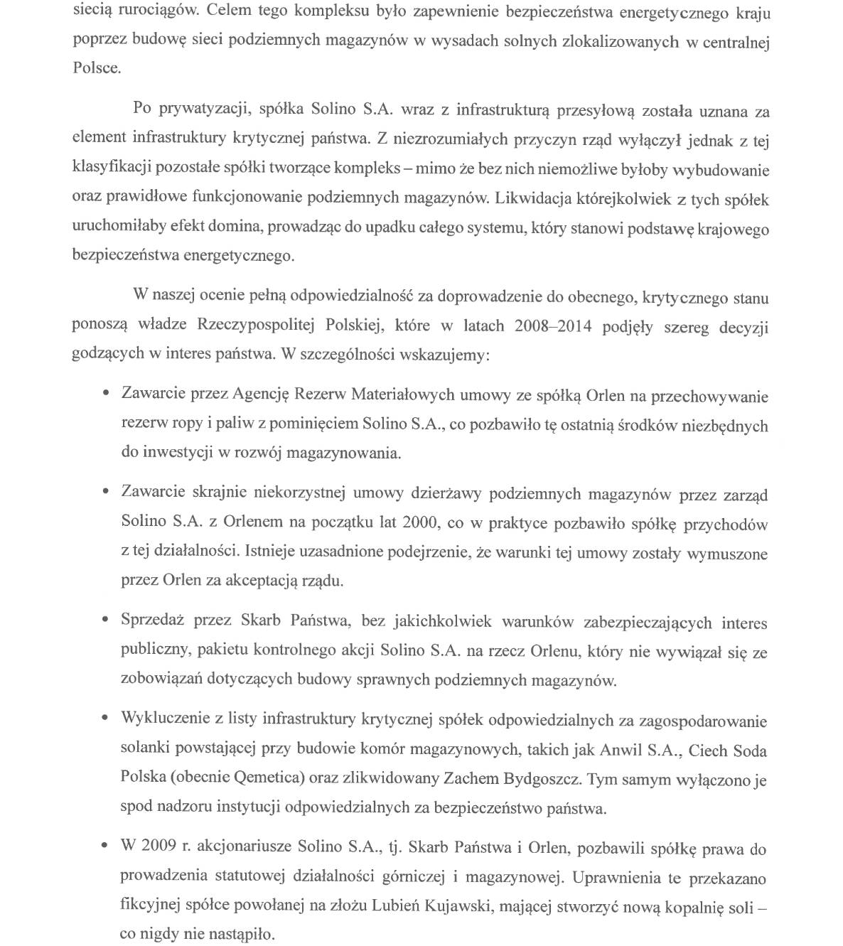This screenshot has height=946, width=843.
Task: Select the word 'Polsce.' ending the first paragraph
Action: click(x=97, y=69)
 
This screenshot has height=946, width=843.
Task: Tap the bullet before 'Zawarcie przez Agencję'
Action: click(x=106, y=393)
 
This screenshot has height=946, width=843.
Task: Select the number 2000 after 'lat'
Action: click(x=420, y=522)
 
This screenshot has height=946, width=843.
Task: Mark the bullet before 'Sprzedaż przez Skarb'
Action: click(x=106, y=620)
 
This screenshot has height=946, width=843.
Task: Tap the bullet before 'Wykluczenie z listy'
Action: click(x=106, y=719)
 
